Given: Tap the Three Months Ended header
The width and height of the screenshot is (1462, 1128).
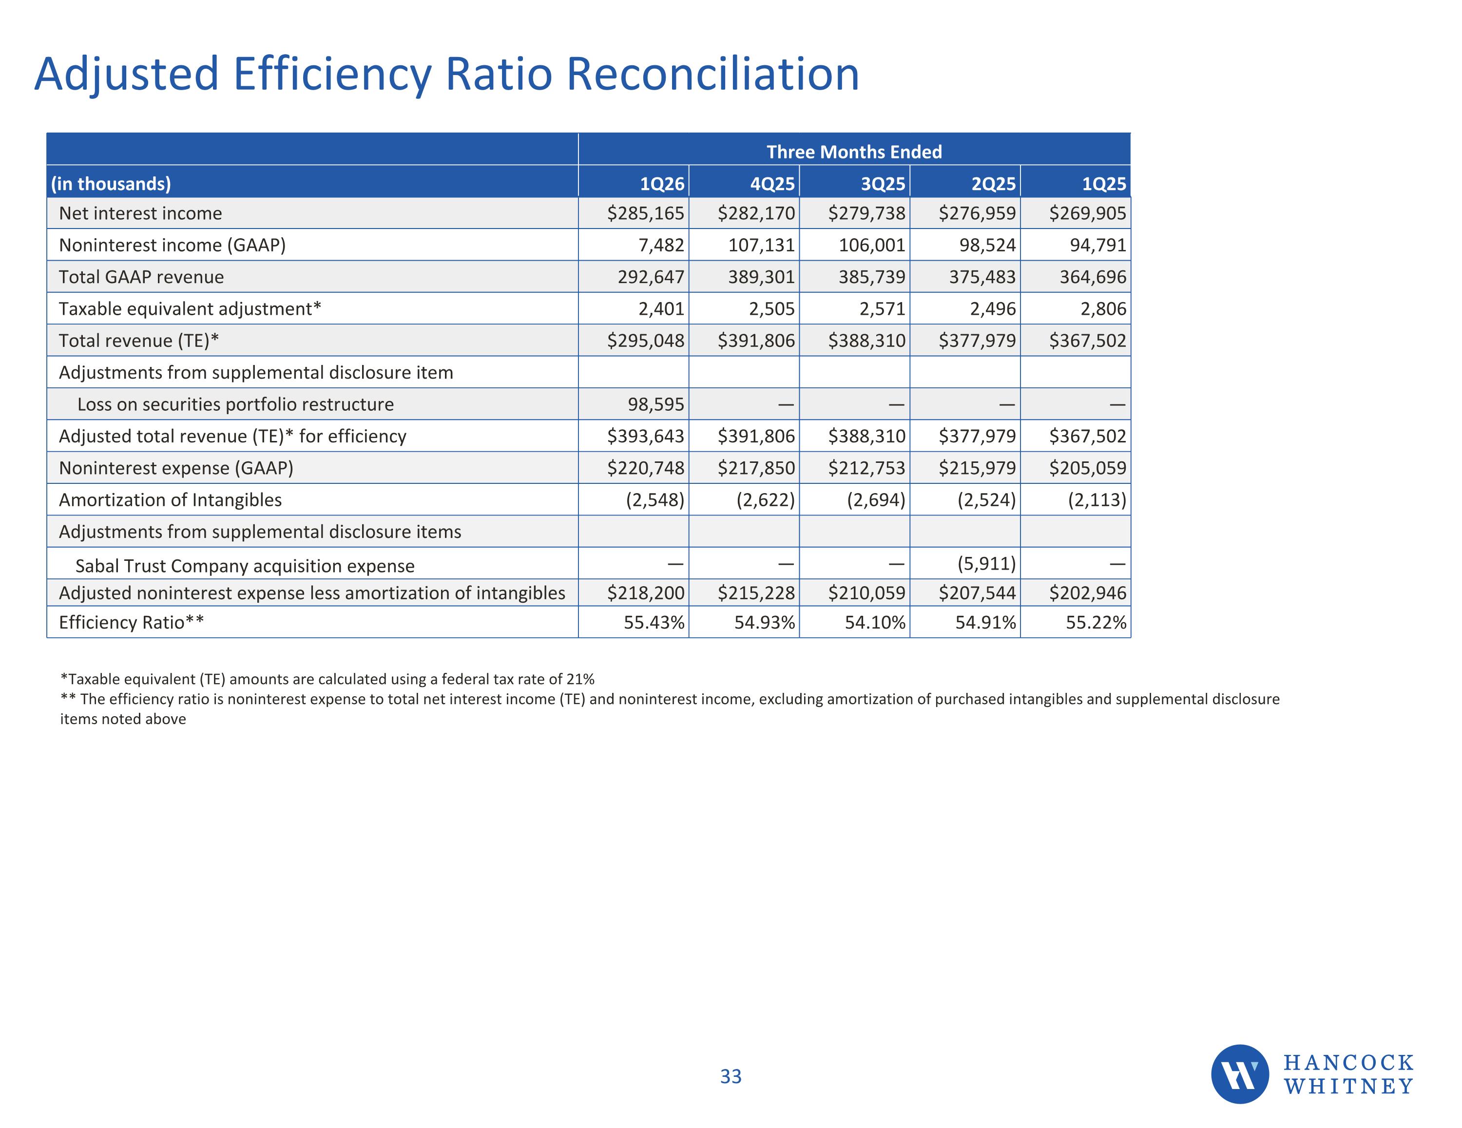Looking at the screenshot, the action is coord(854,152).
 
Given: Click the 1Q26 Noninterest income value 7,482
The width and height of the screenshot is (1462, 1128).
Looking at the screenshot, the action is coord(661,245).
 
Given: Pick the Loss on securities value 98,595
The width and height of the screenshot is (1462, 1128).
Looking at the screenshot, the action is coord(656,404).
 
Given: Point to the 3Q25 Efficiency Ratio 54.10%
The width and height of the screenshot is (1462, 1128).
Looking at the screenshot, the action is coord(875,623).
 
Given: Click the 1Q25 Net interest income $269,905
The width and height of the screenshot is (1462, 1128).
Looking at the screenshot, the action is coord(1088,213).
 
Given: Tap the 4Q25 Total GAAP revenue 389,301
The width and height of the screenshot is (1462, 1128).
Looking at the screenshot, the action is coord(762,277).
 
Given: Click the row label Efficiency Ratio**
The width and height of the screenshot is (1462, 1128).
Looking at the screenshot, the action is coord(131,623).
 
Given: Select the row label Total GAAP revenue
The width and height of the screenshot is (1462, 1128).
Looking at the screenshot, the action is coord(141,277).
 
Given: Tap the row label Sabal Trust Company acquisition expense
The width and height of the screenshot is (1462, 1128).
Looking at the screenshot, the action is coord(245,566).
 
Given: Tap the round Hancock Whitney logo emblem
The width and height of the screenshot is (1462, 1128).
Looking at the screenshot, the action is coord(1240,1074).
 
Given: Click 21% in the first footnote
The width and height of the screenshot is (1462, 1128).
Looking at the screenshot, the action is coord(580,679).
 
